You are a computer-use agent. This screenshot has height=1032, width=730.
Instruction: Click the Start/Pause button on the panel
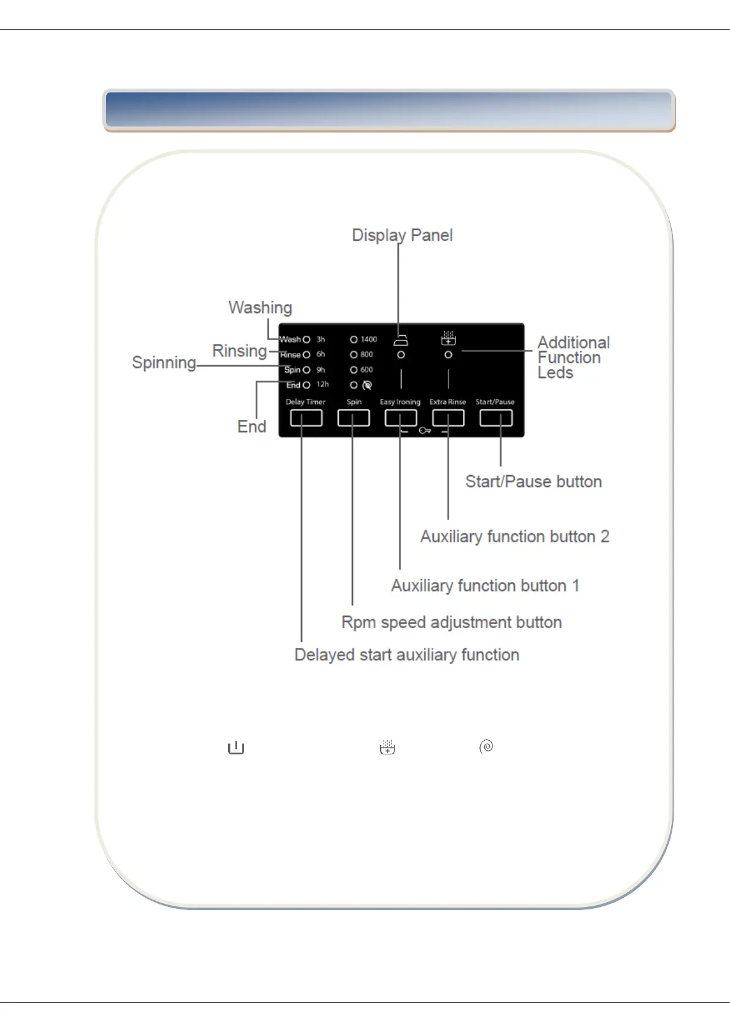pos(496,418)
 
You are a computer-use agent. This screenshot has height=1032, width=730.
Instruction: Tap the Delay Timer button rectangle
pos(306,418)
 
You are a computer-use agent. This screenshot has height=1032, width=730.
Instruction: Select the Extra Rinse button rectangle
pos(448,418)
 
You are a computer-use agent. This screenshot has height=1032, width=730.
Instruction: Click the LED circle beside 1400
pos(354,340)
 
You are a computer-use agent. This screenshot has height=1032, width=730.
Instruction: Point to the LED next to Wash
pos(306,340)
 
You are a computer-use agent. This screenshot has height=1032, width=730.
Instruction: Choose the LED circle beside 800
pos(354,355)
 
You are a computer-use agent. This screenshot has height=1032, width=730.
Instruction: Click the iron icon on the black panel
pos(401,341)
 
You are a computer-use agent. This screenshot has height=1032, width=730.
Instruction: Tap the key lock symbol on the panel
pos(425,431)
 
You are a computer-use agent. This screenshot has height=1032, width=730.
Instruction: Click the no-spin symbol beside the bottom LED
pos(367,385)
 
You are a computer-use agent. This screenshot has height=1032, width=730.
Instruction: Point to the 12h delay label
pos(322,384)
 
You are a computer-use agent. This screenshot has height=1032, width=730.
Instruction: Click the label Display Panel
pos(402,235)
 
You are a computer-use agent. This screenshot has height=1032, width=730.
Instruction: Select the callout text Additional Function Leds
pos(573,357)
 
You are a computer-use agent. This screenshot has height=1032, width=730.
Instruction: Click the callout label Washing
pos(260,308)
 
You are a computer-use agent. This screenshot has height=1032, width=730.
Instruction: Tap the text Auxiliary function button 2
pos(514,537)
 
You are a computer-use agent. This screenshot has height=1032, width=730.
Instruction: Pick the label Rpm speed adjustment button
pos(451,623)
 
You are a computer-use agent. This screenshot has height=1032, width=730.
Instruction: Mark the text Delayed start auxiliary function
pos(406,655)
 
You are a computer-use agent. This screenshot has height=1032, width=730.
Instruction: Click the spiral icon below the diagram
pos(486,746)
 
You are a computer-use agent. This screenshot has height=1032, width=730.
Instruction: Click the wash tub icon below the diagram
pos(236,748)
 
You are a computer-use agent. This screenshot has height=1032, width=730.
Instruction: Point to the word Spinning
pos(164,363)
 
